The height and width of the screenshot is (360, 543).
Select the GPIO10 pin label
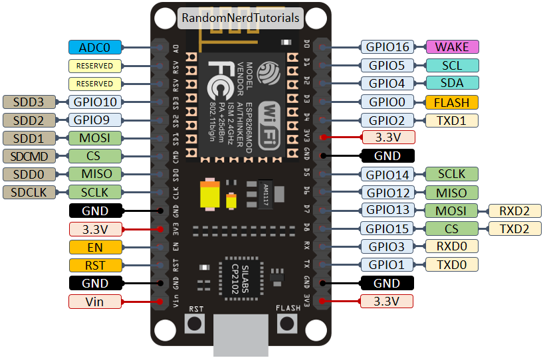tap(95, 102)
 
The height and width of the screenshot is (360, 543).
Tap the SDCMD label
tap(30, 156)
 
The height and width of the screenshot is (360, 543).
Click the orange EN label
tap(95, 247)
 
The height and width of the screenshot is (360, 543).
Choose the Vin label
tap(95, 302)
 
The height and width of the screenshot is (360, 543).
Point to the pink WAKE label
tap(451, 47)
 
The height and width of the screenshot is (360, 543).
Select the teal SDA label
tap(451, 83)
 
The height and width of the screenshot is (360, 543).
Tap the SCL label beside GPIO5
tap(451, 65)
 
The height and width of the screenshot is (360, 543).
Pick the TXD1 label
tap(451, 120)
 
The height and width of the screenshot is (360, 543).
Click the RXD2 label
tap(515, 211)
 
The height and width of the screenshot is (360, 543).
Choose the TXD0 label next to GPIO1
tap(451, 264)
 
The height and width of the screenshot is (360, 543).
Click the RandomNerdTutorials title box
tap(240, 18)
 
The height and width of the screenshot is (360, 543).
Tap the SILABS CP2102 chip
tap(242, 273)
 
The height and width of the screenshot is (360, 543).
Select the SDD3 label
tap(30, 102)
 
